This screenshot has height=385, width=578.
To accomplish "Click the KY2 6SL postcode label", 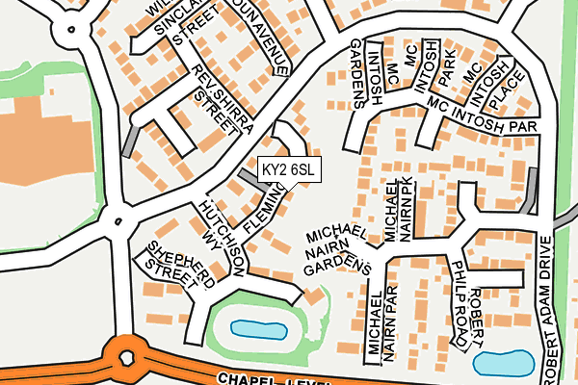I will (289, 169).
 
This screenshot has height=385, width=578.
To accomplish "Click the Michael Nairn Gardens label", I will (337, 251).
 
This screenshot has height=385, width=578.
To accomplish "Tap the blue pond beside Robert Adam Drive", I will (504, 364).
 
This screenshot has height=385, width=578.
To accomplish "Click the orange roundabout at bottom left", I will (125, 358).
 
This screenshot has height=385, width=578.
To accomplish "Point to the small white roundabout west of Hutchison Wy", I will (117, 220).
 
